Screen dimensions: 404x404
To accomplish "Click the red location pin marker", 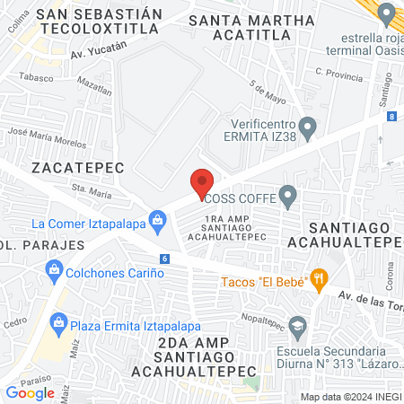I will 202,182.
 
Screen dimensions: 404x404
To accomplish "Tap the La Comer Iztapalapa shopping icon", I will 158,219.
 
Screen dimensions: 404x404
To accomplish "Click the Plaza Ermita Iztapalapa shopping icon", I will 59,321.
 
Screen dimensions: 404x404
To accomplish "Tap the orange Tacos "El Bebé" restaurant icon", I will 318,278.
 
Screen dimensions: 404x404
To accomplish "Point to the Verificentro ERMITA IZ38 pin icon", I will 307,126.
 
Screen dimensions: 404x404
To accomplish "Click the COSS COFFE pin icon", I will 287,194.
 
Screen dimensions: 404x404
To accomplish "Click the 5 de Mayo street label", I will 263,91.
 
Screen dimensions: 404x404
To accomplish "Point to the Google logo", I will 30,392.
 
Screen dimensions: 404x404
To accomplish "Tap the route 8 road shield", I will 392,116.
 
